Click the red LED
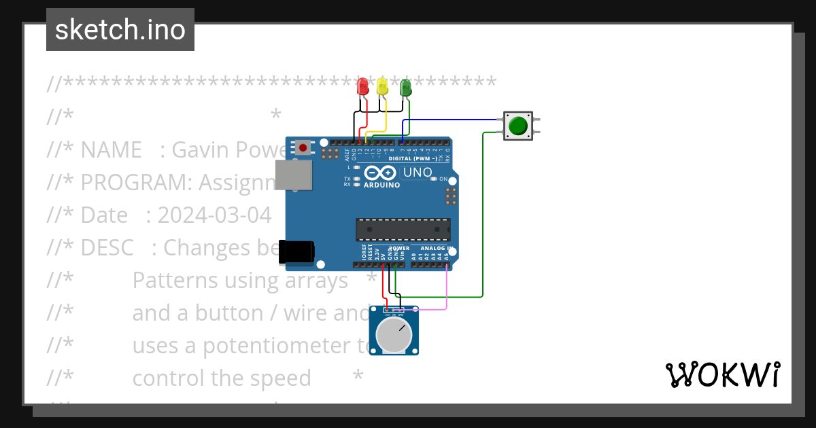click(362, 86)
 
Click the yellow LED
click(382, 86)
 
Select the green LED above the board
click(405, 87)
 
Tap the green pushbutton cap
click(518, 126)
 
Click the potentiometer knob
click(393, 335)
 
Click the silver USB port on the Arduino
click(293, 175)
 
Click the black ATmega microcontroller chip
click(403, 230)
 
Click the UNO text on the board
click(417, 173)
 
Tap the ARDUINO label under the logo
click(381, 185)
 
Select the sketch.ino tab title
click(120, 30)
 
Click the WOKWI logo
click(721, 374)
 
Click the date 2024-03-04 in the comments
click(214, 215)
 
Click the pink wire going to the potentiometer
click(446, 292)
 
